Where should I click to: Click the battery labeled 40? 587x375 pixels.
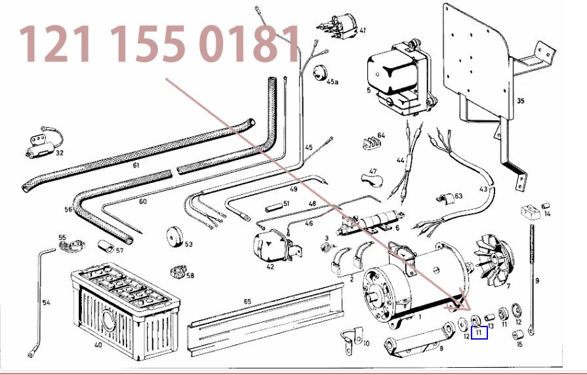125,311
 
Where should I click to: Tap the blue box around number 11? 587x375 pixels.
479,327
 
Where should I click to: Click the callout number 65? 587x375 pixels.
247,302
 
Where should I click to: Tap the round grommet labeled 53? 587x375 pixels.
174,237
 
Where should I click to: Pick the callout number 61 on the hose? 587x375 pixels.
136,165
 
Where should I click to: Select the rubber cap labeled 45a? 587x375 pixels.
319,72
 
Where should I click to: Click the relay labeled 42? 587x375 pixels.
273,245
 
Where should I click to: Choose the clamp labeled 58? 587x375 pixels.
178,271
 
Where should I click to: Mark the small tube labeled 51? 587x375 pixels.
273,207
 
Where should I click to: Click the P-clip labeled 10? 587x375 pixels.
352,340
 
